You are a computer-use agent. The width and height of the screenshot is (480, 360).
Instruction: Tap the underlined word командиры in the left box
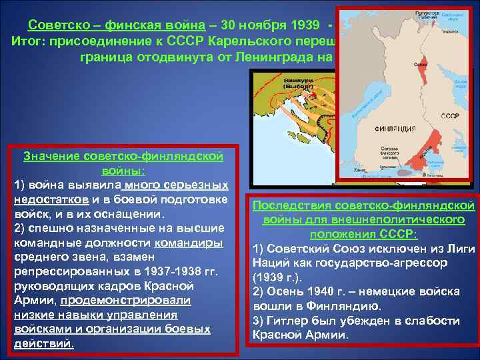tap(193, 243)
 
